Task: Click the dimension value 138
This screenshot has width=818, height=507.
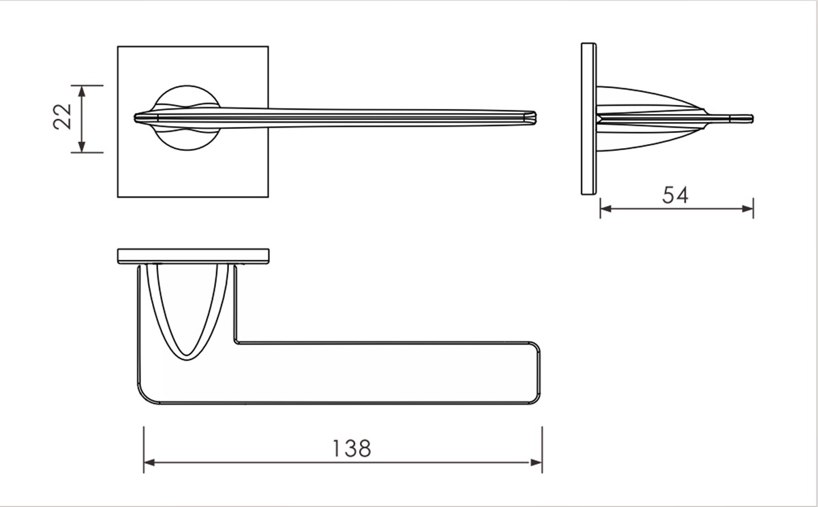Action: coord(352,448)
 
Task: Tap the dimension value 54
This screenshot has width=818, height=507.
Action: coord(676,195)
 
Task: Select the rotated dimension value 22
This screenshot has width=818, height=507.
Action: coord(62,117)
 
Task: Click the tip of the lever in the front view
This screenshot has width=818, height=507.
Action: coord(534,117)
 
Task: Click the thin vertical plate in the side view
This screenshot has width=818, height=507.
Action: coord(588,119)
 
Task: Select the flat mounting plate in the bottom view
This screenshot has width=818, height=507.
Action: coord(193,256)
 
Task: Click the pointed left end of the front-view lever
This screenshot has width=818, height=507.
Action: coord(136,117)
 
